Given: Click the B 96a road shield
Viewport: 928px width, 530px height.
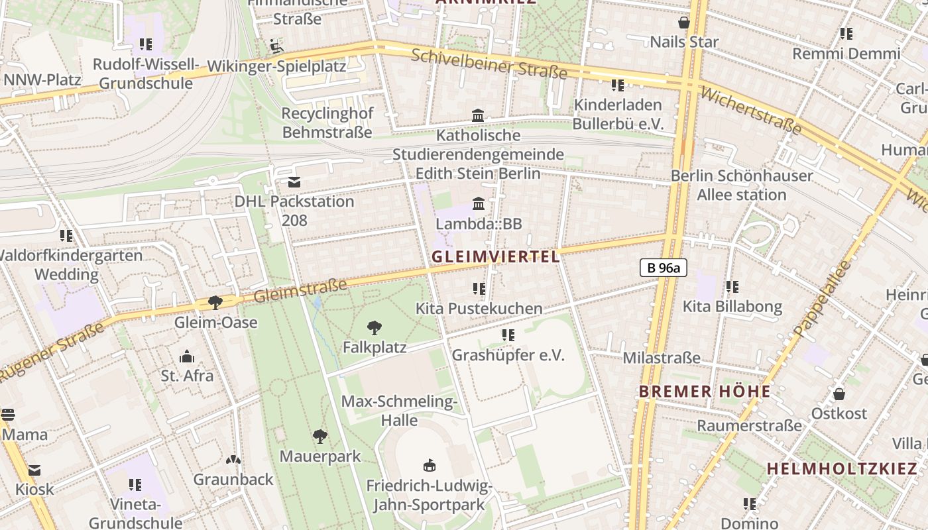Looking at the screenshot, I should pyautogui.click(x=663, y=268).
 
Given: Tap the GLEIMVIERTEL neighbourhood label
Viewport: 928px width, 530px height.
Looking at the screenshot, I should pyautogui.click(x=496, y=256).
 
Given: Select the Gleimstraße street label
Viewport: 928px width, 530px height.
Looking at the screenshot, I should pyautogui.click(x=301, y=290).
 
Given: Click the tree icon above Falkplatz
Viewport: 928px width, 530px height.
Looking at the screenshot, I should pyautogui.click(x=375, y=327).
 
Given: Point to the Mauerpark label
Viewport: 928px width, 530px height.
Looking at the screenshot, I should pyautogui.click(x=320, y=456).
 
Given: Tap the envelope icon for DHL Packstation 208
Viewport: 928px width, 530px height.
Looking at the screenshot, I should pyautogui.click(x=294, y=182).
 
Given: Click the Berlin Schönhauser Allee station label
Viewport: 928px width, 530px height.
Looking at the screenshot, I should pyautogui.click(x=742, y=185).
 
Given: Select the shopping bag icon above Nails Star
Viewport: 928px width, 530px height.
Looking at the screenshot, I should pyautogui.click(x=684, y=23).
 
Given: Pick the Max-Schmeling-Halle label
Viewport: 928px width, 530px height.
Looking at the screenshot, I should pyautogui.click(x=399, y=411).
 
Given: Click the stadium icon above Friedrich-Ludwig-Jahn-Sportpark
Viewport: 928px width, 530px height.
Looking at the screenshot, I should pyautogui.click(x=429, y=466).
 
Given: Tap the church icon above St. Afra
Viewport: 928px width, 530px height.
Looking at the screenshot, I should pyautogui.click(x=187, y=356).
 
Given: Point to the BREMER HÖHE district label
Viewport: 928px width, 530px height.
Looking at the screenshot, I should pyautogui.click(x=705, y=391).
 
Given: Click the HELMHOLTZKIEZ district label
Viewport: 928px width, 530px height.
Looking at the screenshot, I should pyautogui.click(x=842, y=468).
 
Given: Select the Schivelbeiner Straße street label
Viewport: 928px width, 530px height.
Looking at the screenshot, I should pyautogui.click(x=489, y=64).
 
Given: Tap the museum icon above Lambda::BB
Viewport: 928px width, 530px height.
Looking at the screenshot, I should pyautogui.click(x=478, y=203).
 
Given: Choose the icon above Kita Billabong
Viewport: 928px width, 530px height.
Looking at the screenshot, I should pyautogui.click(x=732, y=287).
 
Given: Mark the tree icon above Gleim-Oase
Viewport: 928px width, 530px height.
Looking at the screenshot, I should pyautogui.click(x=215, y=303).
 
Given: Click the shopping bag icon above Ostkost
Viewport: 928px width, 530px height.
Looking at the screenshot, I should pyautogui.click(x=839, y=394).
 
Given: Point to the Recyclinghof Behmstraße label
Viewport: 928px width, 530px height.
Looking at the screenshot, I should pyautogui.click(x=327, y=123).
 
